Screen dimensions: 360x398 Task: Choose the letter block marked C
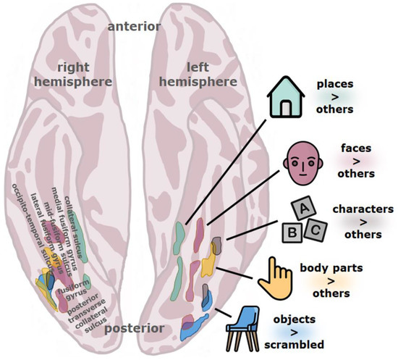click(x=316, y=230)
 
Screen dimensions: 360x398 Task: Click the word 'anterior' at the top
click(x=135, y=28)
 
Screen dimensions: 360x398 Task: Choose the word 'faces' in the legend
click(x=356, y=148)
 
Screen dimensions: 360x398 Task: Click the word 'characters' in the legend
click(x=362, y=209)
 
